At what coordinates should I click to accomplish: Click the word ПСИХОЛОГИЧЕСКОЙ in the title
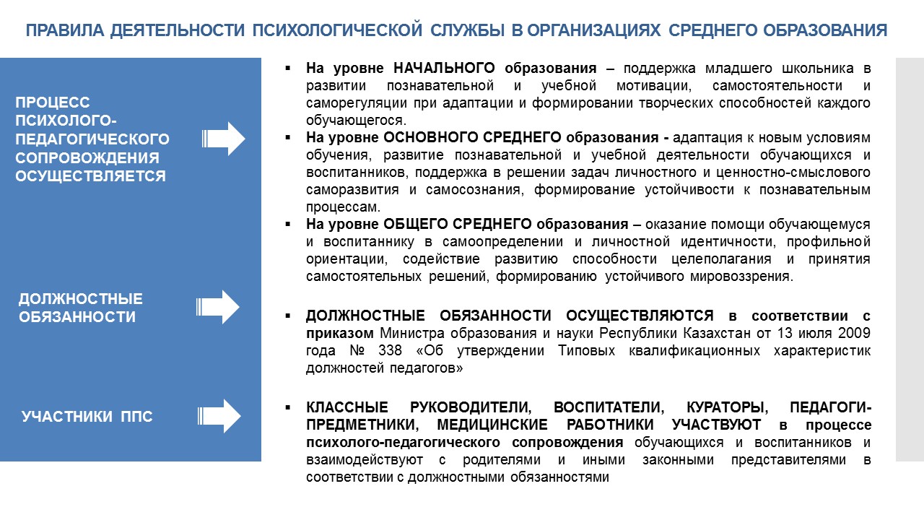click(337, 30)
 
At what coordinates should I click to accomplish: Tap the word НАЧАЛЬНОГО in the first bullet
click(444, 68)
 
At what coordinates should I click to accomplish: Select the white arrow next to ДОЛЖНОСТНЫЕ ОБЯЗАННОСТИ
click(218, 307)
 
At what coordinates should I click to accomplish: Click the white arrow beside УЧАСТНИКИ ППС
click(219, 416)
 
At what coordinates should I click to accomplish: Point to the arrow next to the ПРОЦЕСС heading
click(224, 139)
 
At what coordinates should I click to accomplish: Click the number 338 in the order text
click(390, 350)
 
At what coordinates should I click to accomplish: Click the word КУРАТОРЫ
click(727, 408)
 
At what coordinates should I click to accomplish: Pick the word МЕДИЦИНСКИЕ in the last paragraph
click(492, 425)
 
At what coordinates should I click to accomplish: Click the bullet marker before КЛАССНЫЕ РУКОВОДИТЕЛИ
click(288, 408)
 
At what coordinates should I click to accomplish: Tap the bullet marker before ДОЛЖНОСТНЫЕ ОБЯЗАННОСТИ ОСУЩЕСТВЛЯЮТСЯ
click(288, 316)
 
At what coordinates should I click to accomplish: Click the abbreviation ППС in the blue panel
click(136, 417)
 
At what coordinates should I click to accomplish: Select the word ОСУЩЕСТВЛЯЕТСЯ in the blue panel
click(91, 176)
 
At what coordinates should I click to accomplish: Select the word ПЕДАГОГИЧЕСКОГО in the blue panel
click(92, 139)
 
